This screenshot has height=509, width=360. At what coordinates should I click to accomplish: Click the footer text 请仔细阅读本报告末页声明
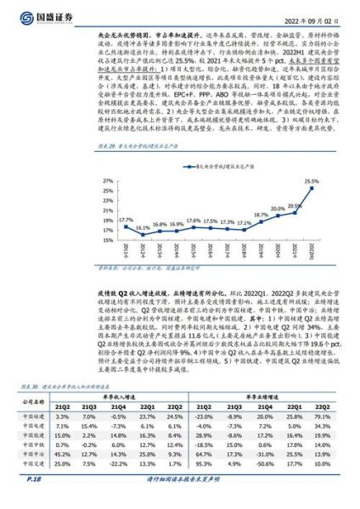180,500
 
